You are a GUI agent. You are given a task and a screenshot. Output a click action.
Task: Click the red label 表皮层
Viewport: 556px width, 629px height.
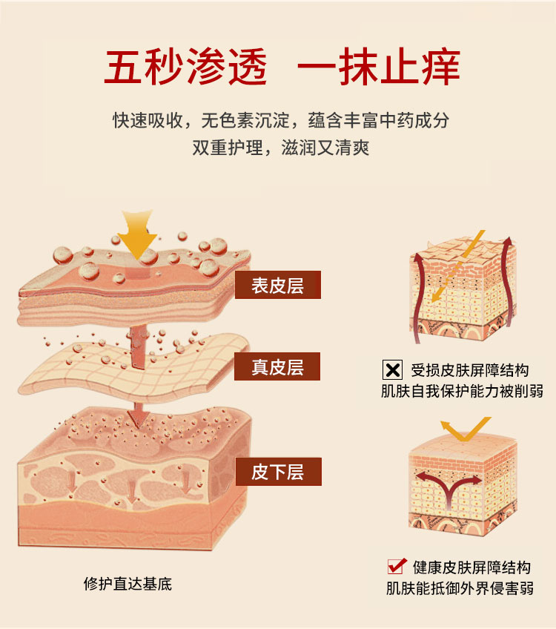pos(278,286)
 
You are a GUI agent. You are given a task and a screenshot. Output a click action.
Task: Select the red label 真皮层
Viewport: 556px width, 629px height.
pos(278,366)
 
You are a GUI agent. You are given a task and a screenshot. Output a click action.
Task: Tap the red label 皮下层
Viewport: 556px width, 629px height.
pos(278,472)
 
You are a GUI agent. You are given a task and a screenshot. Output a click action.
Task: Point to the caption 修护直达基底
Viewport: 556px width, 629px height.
pos(128,584)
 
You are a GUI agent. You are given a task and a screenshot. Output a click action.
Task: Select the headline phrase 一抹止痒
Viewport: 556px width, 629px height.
pos(378,67)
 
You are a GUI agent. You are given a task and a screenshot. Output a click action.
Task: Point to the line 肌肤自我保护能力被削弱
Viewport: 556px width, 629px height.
pos(462,391)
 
